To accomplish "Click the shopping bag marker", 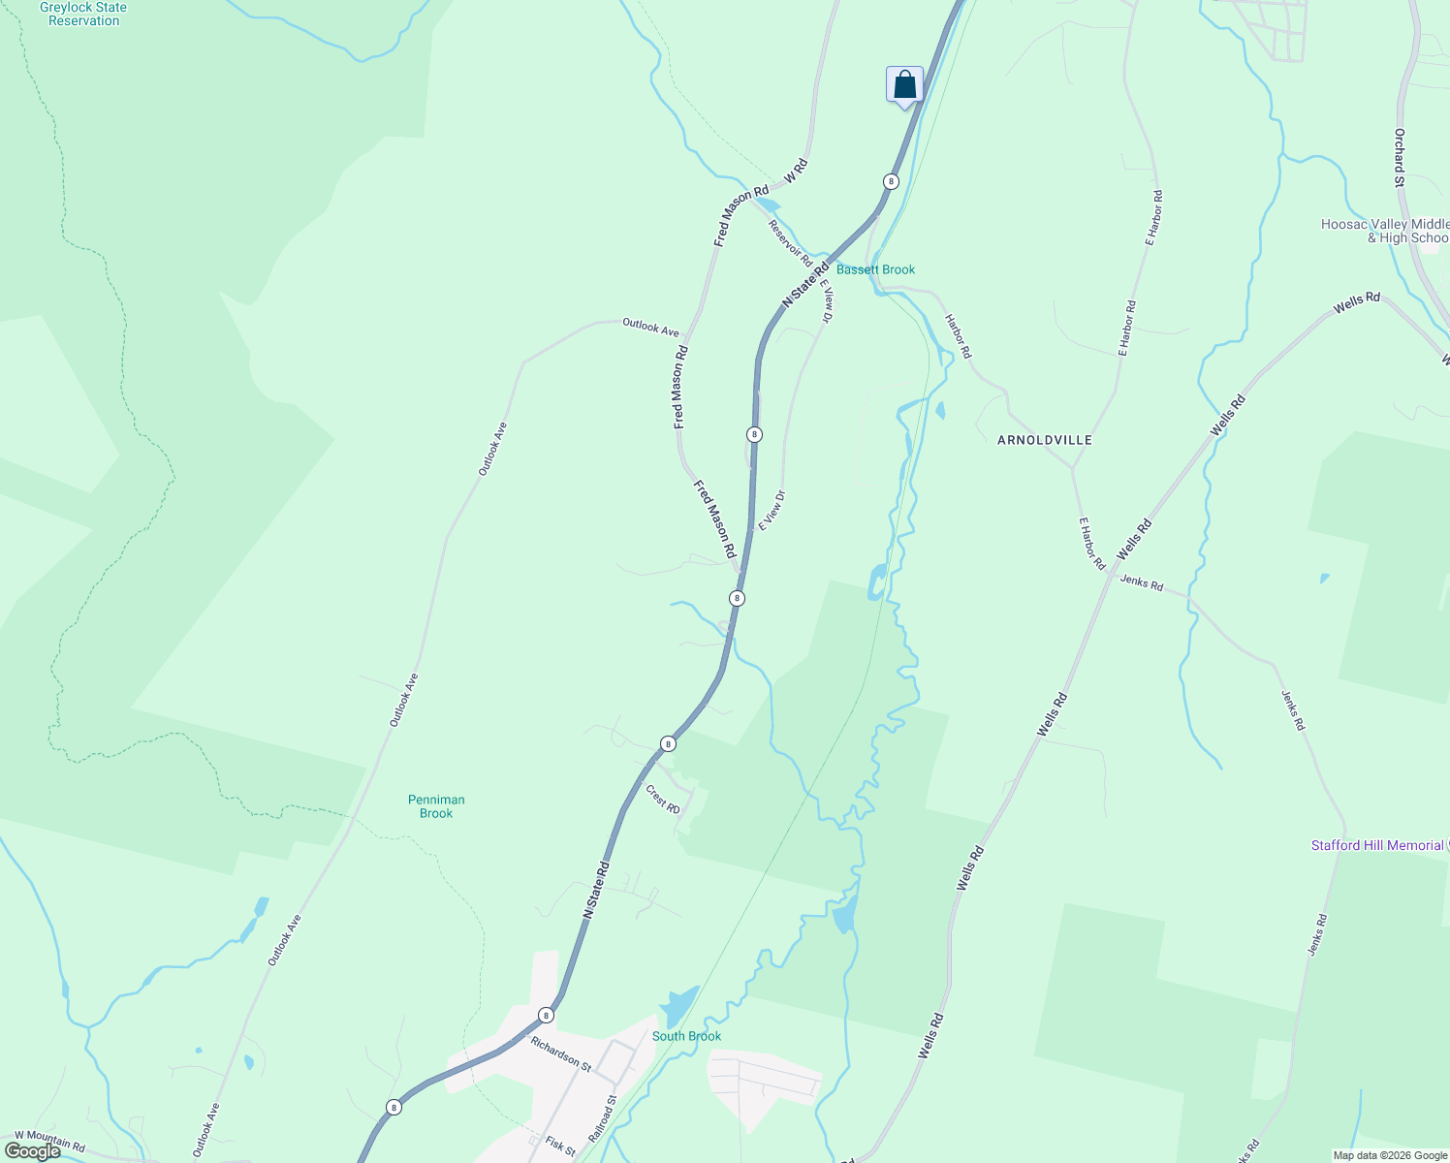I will (904, 85).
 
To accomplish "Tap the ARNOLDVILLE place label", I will (1044, 440).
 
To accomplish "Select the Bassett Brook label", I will (875, 269).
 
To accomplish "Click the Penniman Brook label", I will (436, 806).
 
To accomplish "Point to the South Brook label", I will (686, 1036).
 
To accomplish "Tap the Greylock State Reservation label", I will (83, 14).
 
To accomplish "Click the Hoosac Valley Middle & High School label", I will (1384, 231).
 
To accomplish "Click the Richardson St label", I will (561, 1053).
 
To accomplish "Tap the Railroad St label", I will (602, 1119).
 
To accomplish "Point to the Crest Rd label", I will (663, 800).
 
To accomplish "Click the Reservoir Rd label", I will (790, 243).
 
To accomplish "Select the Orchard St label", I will (1399, 157).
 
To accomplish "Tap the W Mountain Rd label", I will (49, 1141).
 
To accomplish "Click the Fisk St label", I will (560, 1146).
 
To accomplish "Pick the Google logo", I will (33, 1151).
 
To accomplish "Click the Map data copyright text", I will (1390, 1155).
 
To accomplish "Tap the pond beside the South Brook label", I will (678, 1008).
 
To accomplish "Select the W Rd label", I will (796, 171).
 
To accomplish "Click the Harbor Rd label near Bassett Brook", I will (958, 336).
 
